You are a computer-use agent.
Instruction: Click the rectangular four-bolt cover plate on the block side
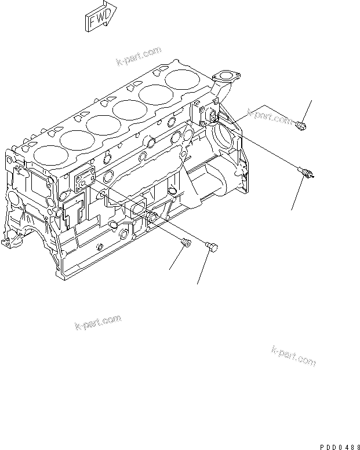pyautogui.click(x=85, y=181)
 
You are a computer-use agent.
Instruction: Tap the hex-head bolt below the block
pyautogui.click(x=212, y=247)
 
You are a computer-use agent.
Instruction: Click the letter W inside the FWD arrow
pyautogui.click(x=100, y=19)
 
